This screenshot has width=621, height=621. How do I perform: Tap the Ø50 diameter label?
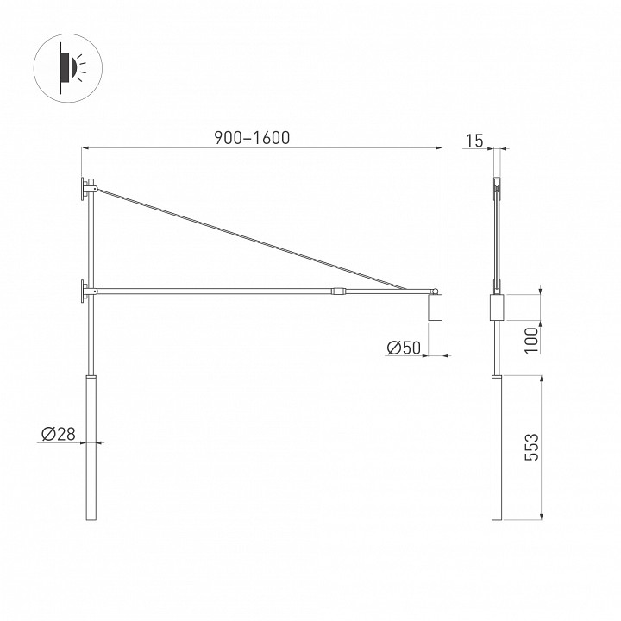404,348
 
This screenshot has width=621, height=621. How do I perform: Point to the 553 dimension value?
531,449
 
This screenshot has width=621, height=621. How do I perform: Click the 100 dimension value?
531,338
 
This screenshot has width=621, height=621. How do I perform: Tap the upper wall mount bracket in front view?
87,189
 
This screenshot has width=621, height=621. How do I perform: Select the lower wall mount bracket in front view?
86,292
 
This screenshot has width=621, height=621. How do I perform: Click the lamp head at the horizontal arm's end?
435,308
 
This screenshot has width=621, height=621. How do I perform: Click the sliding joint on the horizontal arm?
340,292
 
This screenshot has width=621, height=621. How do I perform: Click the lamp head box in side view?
496,308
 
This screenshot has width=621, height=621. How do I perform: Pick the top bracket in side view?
496,185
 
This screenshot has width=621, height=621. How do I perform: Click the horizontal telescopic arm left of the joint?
216,292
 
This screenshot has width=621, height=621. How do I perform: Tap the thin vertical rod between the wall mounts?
90,241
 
